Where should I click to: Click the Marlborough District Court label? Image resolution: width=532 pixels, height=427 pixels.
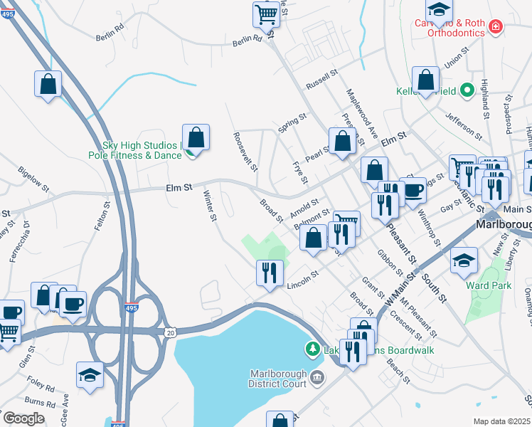coord(280,380)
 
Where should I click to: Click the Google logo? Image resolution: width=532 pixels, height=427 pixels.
coord(23,418)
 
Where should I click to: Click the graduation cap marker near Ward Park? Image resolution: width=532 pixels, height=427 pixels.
coord(464,260)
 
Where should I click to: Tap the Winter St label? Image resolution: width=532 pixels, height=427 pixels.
coord(210,206)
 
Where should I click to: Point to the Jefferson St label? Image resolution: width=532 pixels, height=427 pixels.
coord(459,122)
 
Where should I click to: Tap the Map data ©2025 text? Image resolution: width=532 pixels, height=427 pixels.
coord(501,421)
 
